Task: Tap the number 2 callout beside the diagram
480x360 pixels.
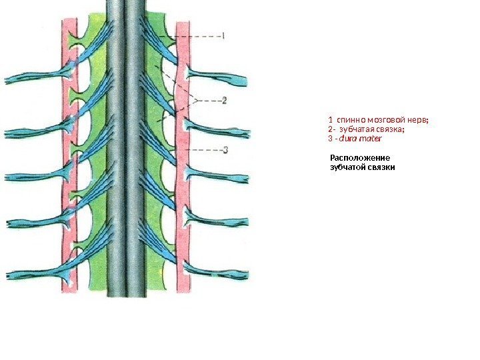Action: (x=224, y=101)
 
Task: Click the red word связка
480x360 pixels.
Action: (x=391, y=129)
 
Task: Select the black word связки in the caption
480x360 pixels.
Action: (x=381, y=167)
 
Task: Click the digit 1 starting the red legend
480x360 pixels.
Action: (x=330, y=120)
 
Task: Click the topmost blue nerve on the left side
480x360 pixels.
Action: (x=27, y=80)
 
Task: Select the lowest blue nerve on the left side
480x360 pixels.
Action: (x=27, y=274)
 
